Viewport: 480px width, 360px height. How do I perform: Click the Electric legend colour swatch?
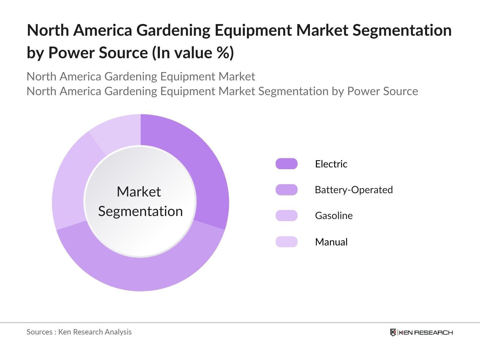click(286, 164)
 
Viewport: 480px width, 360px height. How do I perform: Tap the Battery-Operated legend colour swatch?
click(286, 190)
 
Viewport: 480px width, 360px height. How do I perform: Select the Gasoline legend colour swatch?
click(286, 215)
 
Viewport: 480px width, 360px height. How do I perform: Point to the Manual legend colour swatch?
click(286, 242)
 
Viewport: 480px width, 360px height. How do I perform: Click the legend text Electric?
click(331, 164)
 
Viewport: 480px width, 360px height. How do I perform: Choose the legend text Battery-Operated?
click(353, 190)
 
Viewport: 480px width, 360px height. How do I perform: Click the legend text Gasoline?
click(334, 215)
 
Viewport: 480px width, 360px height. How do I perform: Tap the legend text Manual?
click(331, 242)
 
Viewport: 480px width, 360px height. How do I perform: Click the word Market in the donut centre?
click(139, 192)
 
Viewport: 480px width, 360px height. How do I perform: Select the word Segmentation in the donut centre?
click(140, 211)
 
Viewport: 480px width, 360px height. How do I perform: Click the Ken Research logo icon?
click(393, 332)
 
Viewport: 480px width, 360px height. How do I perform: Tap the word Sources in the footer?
click(39, 332)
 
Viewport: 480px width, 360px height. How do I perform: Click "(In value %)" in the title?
click(193, 53)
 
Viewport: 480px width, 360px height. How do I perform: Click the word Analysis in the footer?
click(118, 332)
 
